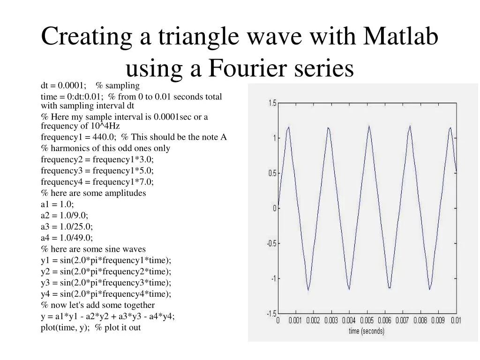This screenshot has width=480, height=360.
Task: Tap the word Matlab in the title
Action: [401, 37]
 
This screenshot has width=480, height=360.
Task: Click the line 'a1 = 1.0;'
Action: [57, 204]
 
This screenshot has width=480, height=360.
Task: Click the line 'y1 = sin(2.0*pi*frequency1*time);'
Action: [106, 260]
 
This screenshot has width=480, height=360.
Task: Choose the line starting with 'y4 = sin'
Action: [106, 294]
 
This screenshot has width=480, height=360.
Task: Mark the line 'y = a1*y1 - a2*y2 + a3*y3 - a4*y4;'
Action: [107, 316]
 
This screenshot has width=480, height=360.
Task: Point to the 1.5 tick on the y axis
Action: [272, 103]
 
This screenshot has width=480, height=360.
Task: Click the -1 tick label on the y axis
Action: [272, 278]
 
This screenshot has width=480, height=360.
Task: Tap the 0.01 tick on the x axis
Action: [455, 321]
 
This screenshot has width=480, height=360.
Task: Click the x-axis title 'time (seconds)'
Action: [366, 331]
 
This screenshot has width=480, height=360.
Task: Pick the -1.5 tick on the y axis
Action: [271, 314]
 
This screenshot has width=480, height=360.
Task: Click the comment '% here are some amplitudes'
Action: [93, 193]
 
